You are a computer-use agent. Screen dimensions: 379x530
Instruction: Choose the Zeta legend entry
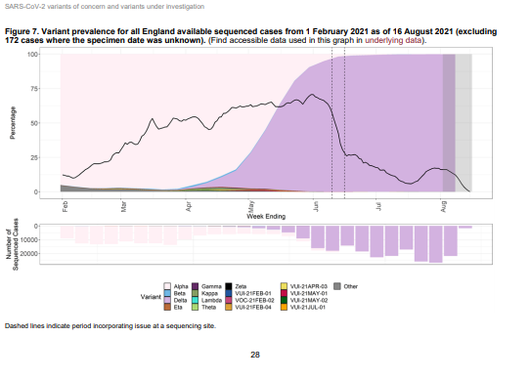[242, 282]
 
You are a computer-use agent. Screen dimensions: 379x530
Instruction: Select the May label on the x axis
[251, 207]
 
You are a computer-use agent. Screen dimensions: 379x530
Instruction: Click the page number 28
[255, 355]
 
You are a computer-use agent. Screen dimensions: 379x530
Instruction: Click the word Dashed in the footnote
[18, 324]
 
